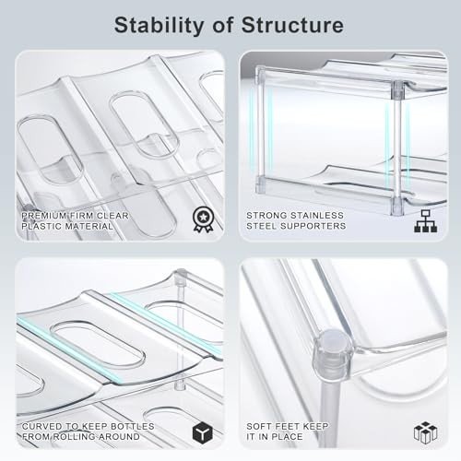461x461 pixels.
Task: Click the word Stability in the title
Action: pyautogui.click(x=159, y=26)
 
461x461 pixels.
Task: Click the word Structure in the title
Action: pyautogui.click(x=292, y=25)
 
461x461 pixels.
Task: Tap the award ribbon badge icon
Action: pyautogui.click(x=203, y=219)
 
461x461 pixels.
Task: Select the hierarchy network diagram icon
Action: pyautogui.click(x=425, y=221)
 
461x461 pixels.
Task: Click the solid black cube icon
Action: pyautogui.click(x=203, y=433)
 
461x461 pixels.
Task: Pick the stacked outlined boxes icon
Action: pyautogui.click(x=425, y=432)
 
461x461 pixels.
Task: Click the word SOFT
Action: pyautogui.click(x=259, y=427)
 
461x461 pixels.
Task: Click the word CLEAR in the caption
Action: pyautogui.click(x=112, y=216)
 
